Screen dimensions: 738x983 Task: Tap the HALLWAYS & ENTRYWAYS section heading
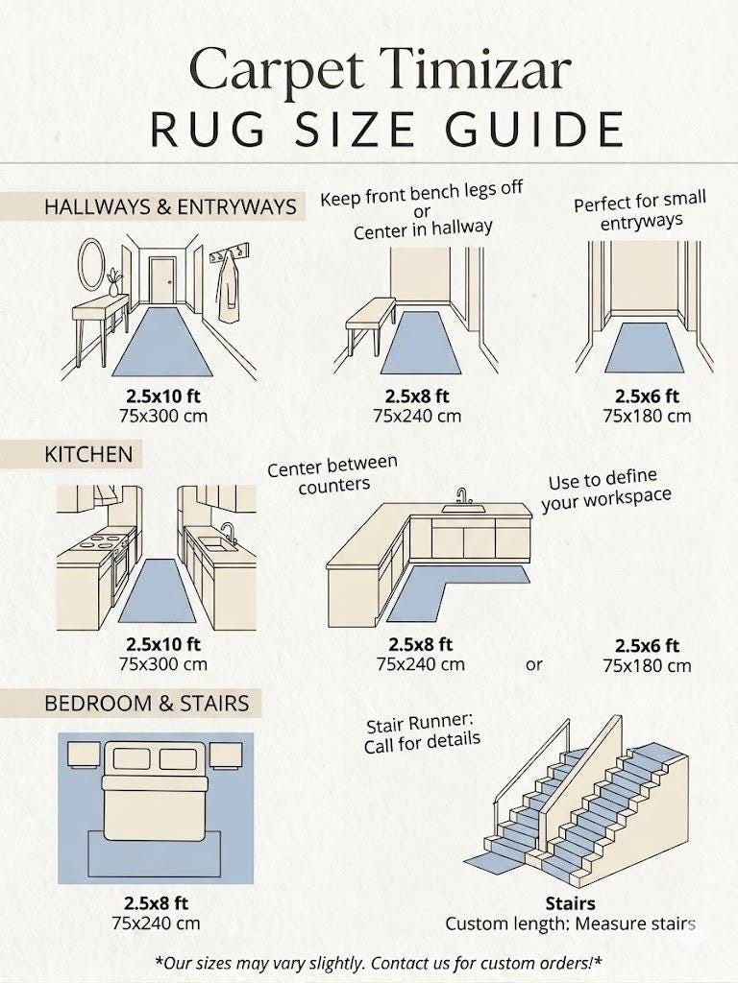(170, 207)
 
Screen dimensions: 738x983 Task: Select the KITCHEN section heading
(88, 454)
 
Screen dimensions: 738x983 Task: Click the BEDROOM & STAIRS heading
(147, 704)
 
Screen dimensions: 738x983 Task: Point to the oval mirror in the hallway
(91, 264)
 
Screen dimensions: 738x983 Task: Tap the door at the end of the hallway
(161, 280)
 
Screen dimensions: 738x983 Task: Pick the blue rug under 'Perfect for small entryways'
(644, 348)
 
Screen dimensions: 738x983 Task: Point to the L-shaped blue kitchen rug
(439, 588)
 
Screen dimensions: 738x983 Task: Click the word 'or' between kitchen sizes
(534, 664)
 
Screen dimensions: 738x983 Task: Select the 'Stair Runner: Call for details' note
(423, 732)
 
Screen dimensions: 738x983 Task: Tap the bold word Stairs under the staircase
(570, 903)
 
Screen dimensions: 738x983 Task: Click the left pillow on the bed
(132, 758)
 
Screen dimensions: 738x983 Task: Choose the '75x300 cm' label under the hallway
(163, 416)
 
